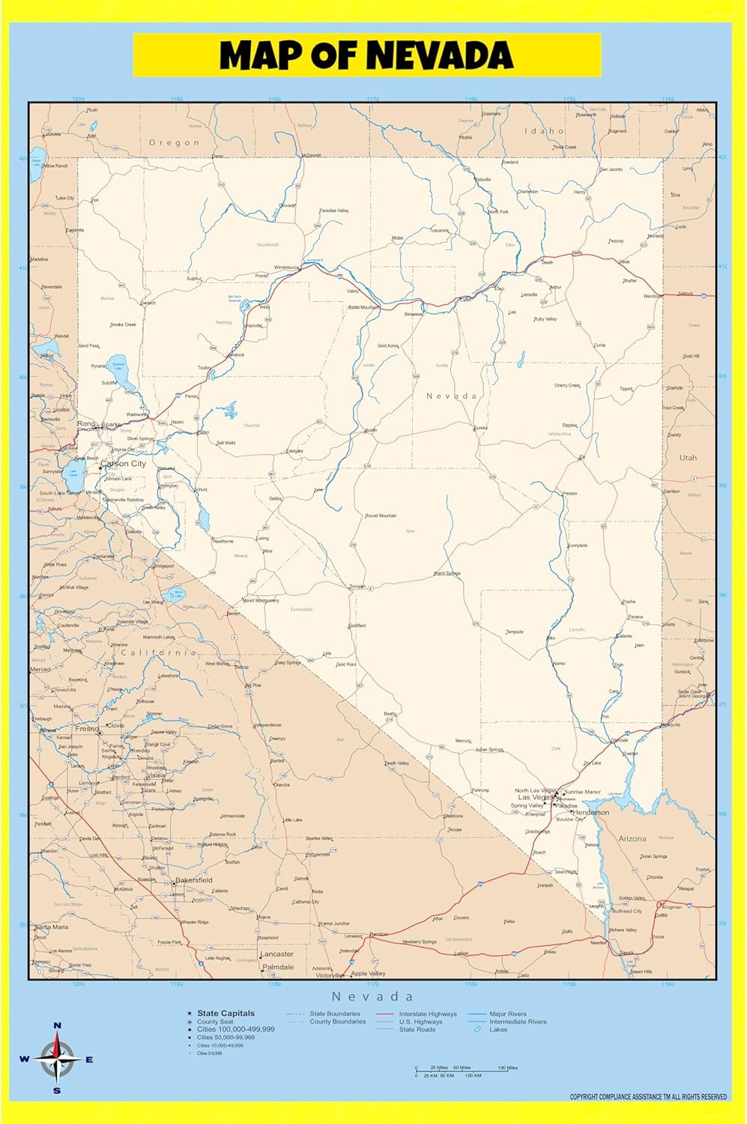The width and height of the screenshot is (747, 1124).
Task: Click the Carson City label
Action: (124, 464)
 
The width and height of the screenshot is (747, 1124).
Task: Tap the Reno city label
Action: (86, 424)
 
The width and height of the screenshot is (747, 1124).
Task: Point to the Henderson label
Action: (591, 812)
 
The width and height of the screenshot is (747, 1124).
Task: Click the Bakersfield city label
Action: (194, 880)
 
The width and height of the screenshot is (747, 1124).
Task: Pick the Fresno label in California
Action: (87, 728)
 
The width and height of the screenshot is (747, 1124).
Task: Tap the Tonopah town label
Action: (357, 587)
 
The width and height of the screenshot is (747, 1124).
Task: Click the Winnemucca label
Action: (286, 268)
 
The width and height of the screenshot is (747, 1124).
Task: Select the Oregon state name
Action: (175, 142)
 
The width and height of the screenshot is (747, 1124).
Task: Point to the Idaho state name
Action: (544, 131)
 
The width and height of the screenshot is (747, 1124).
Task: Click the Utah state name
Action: (688, 457)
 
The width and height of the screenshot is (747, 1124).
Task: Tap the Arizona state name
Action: (632, 839)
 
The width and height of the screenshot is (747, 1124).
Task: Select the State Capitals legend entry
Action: (226, 1013)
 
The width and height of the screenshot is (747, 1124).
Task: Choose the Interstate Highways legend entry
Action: (427, 1014)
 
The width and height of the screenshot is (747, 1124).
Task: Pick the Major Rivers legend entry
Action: (508, 1014)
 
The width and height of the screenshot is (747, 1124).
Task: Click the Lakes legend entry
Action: (498, 1030)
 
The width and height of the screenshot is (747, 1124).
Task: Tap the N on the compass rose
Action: (58, 1026)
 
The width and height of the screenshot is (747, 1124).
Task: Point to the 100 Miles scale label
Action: (507, 1068)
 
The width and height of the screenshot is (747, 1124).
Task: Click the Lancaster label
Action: (276, 954)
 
